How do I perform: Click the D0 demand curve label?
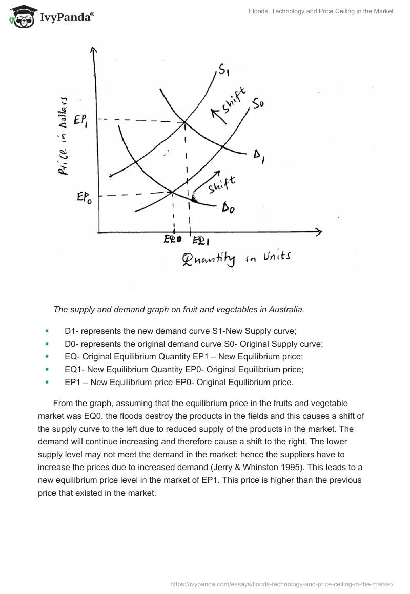(228, 208)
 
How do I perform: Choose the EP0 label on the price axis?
(85, 197)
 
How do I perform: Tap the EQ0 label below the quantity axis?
(173, 239)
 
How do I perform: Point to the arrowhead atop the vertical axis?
(93, 50)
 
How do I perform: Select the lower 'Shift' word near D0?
(221, 185)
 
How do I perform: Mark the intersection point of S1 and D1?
(184, 122)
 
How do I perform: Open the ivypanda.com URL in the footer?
(281, 584)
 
